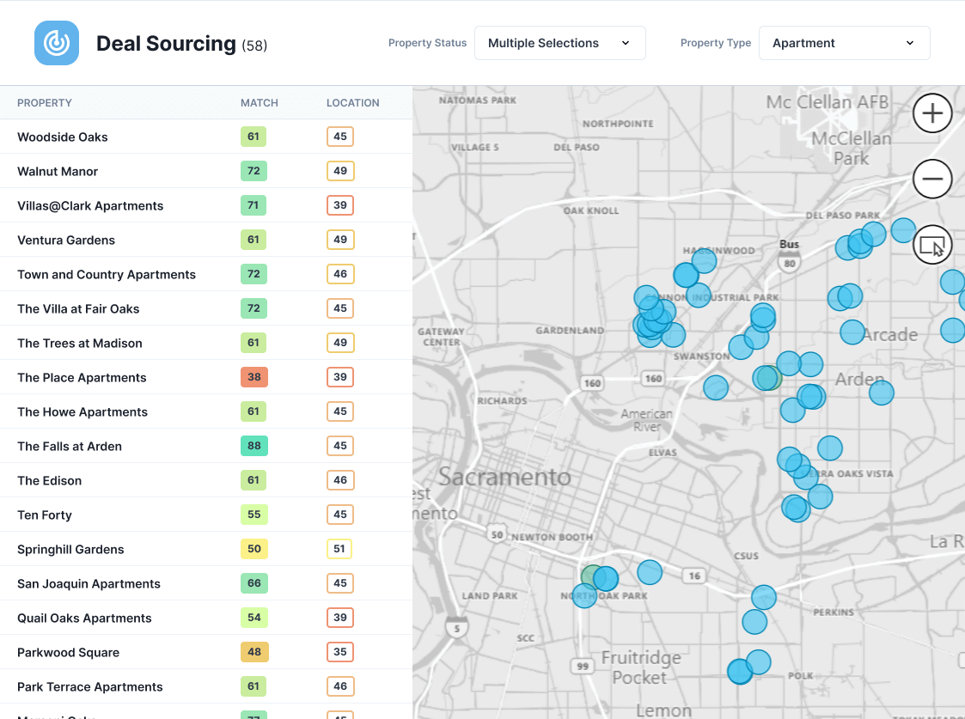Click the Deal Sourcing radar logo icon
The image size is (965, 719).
coord(57,43)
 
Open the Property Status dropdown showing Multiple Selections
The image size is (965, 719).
coord(559,43)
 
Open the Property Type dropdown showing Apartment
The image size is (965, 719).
coord(844,43)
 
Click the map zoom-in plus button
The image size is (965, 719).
coord(932,113)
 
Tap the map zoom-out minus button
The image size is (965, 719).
coord(932,180)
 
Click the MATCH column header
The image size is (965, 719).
coord(259,103)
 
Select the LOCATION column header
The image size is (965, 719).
coord(352,103)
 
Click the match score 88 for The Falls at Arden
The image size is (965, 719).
coord(253,446)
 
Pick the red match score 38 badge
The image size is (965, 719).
coord(253,377)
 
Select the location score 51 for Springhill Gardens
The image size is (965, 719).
coord(339,549)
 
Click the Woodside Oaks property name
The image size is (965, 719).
coord(63,137)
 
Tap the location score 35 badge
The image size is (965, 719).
coord(339,652)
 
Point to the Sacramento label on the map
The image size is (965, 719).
coord(504,477)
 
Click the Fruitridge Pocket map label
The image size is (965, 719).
coord(640,667)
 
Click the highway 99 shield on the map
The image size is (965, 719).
coord(583,667)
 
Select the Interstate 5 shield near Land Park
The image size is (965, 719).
coord(455,629)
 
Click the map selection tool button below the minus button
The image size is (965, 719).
coord(932,246)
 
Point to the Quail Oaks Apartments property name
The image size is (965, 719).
coord(84,618)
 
